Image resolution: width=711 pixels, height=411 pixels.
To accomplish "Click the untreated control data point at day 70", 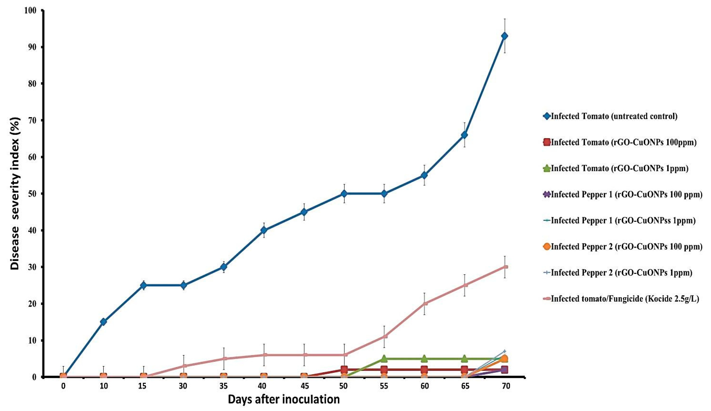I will [504, 36].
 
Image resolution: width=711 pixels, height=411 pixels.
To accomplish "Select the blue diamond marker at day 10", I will [103, 322].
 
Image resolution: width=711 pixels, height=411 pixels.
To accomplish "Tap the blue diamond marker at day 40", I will [264, 230].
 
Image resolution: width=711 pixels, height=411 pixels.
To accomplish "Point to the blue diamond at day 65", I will [464, 135].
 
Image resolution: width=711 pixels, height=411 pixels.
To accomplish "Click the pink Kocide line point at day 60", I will [424, 303].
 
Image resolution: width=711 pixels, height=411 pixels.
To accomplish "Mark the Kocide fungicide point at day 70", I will [505, 267].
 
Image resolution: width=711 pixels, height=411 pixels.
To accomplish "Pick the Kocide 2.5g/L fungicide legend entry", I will [625, 299].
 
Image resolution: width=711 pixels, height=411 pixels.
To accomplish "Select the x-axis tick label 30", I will [183, 386].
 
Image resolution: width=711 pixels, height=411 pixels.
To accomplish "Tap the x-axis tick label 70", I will [506, 386].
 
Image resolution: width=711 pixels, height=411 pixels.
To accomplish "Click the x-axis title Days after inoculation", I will [284, 400].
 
